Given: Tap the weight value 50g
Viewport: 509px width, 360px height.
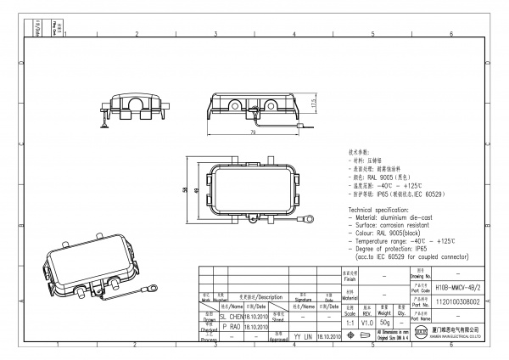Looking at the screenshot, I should click(x=384, y=323).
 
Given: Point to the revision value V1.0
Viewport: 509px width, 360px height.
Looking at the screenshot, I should click(x=366, y=323).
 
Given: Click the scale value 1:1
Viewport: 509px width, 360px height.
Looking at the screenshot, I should click(x=350, y=323).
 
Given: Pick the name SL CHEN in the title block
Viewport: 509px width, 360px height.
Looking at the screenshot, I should click(x=226, y=315).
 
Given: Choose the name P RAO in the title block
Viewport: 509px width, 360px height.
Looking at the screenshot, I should click(x=230, y=326).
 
